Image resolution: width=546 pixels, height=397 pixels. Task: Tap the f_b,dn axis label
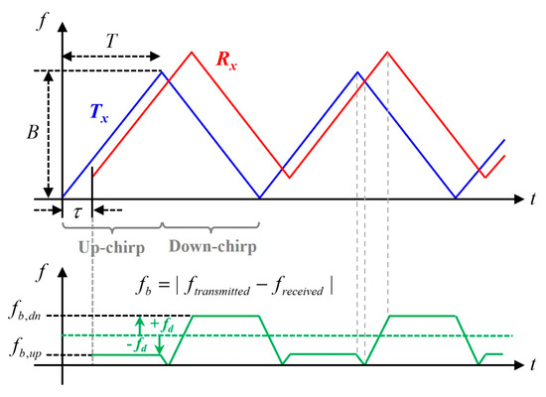click(x=21, y=317)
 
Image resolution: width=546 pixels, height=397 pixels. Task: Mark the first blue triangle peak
click(x=162, y=70)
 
